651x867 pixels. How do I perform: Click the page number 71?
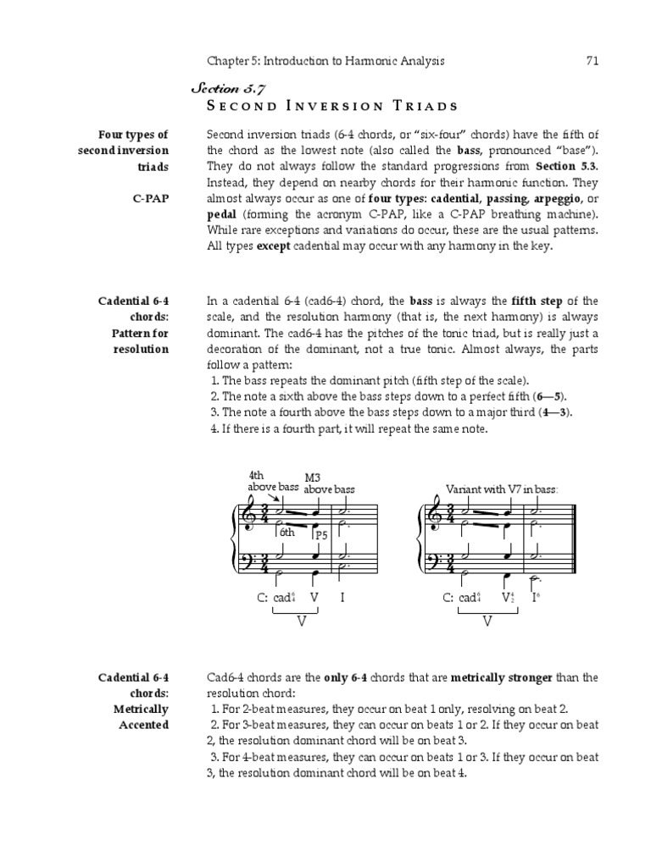click(x=593, y=60)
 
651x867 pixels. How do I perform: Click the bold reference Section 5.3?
click(x=565, y=166)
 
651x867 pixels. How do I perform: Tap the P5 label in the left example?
click(x=321, y=535)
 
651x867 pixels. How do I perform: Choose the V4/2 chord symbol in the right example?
click(x=507, y=597)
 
